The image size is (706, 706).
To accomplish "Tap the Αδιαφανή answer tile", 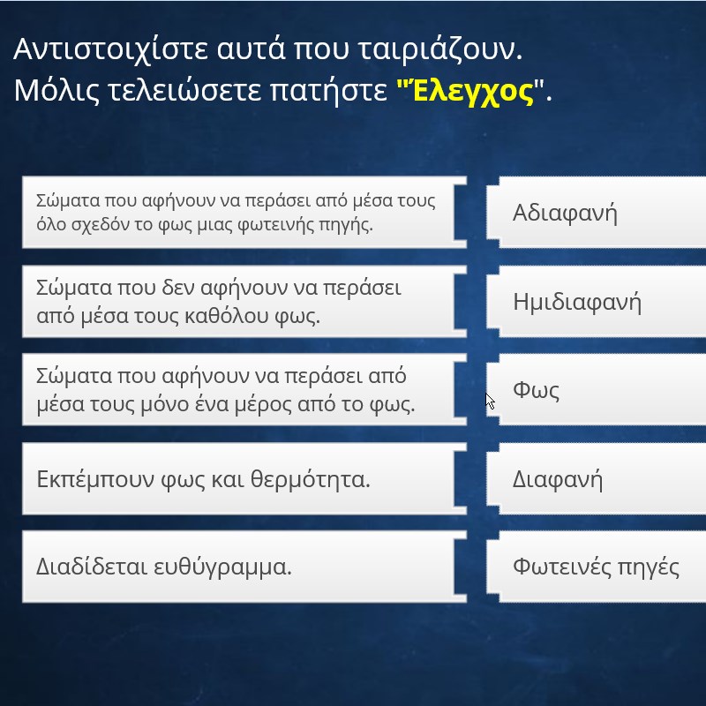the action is (597, 212).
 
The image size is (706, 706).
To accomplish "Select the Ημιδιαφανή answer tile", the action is (597, 301).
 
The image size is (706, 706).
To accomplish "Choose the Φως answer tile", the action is (597, 389).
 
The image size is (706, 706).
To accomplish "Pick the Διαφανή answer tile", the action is (597, 478).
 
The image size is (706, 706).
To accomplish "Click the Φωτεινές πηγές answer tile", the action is (597, 567).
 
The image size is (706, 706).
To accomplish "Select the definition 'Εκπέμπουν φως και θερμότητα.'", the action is (244, 478).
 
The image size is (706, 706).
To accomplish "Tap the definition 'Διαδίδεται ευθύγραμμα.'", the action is (244, 567).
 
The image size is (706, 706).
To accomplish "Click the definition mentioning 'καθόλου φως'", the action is (244, 301).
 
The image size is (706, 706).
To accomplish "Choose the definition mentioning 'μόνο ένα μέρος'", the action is (244, 389).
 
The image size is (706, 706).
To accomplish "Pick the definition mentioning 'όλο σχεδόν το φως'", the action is (244, 212).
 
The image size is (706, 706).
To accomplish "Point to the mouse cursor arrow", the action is (490, 402).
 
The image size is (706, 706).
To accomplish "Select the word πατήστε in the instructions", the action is (328, 92).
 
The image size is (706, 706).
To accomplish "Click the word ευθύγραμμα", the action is (222, 567).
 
